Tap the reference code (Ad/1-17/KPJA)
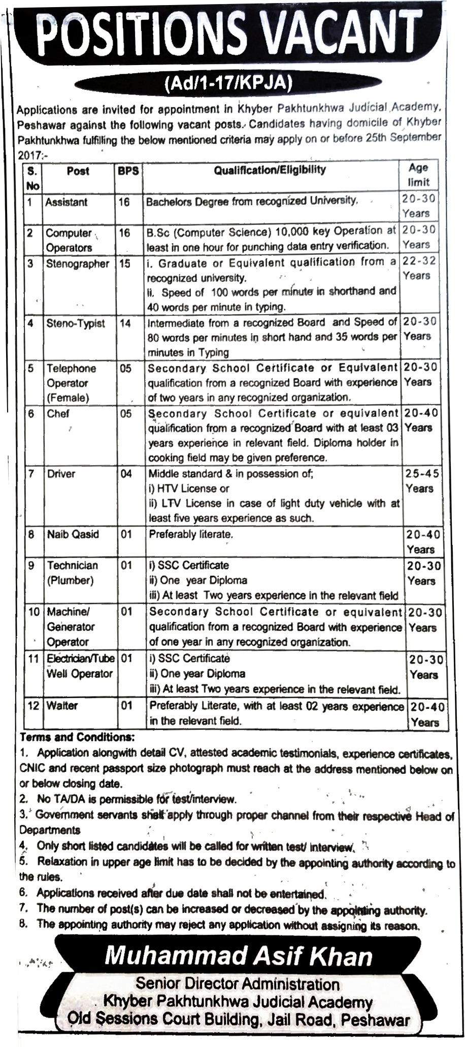229,83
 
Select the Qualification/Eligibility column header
270,170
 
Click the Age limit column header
418,175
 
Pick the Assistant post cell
66,202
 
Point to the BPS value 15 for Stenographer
124,264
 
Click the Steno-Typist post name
76,323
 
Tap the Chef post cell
58,414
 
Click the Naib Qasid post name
73,534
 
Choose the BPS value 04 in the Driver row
126,474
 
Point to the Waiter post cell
62,706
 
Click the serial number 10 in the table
34,612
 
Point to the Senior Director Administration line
237,984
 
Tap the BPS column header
128,171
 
